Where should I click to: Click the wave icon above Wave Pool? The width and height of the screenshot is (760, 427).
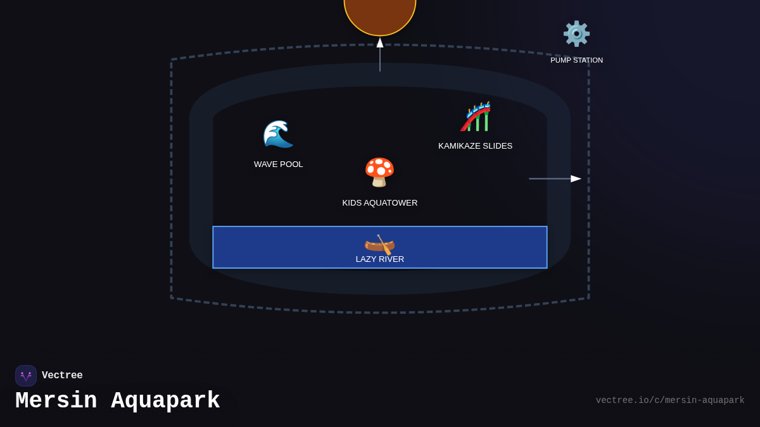(x=278, y=133)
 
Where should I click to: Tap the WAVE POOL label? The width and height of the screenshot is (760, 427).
(x=279, y=164)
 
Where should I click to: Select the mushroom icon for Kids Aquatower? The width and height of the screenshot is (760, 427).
(x=379, y=172)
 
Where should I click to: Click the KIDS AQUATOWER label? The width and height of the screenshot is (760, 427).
(x=380, y=203)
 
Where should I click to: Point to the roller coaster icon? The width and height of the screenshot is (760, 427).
(x=476, y=117)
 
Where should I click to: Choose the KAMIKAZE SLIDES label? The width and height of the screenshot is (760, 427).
(x=475, y=146)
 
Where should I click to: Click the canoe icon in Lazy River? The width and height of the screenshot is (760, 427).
(x=379, y=244)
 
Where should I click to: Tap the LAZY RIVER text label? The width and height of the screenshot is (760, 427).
(x=380, y=259)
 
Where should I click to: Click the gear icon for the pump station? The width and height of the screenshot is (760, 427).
(x=576, y=34)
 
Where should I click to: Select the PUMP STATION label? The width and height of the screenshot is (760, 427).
(x=576, y=60)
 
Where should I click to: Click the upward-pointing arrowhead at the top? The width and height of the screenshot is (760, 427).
(x=380, y=42)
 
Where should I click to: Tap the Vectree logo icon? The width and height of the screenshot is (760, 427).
(x=26, y=376)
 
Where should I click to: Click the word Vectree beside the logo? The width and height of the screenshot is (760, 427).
(x=62, y=376)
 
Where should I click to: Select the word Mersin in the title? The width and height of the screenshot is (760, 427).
(x=56, y=401)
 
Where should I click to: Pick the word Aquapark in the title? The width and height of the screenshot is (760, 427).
(x=166, y=401)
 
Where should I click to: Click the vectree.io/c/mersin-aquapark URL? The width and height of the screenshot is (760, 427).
(x=670, y=400)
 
